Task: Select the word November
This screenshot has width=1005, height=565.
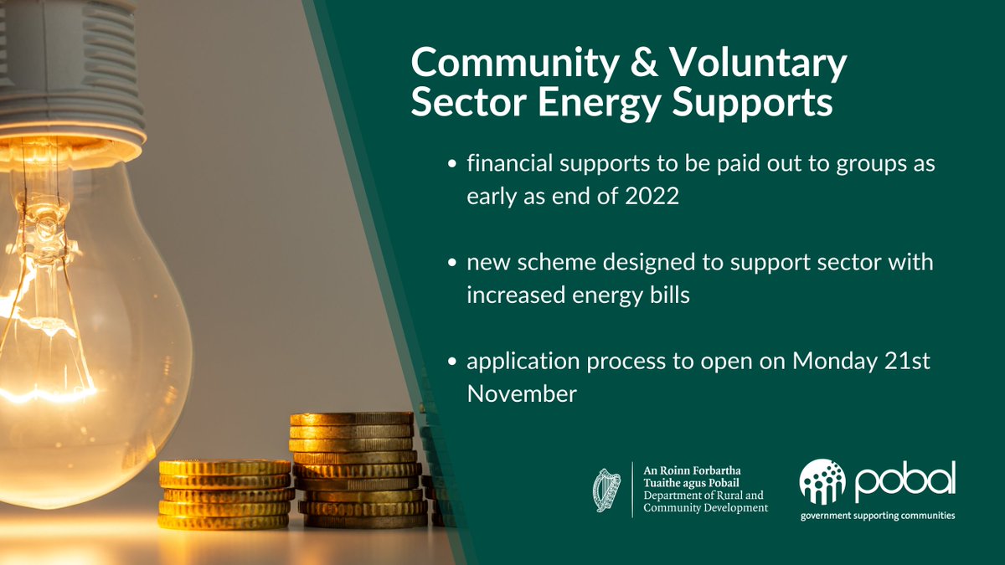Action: [522, 393]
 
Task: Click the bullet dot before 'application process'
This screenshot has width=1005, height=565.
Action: [452, 362]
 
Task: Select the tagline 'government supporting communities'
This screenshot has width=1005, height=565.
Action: [877, 516]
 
